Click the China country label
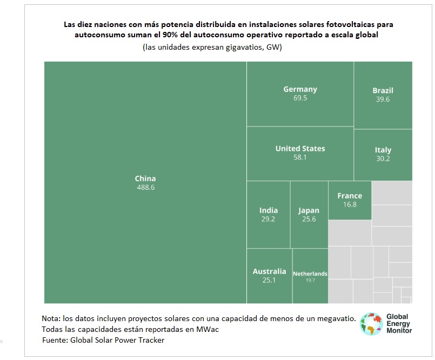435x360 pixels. click(x=145, y=178)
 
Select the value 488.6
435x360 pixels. click(x=145, y=188)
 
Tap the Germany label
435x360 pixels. click(x=300, y=89)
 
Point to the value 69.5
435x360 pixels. click(x=300, y=98)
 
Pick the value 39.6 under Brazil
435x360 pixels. click(x=383, y=99)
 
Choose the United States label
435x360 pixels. click(x=300, y=148)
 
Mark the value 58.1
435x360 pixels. click(x=300, y=157)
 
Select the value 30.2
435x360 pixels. click(x=383, y=159)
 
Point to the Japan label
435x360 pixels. click(x=309, y=210)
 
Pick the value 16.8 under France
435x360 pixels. click(x=350, y=205)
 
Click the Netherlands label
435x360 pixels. click(x=310, y=274)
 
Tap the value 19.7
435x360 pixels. click(x=310, y=280)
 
